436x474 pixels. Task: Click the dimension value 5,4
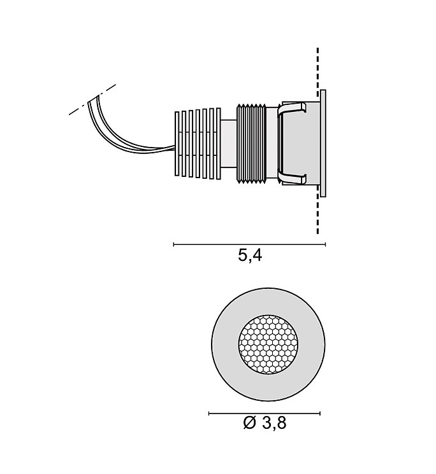point(250,256)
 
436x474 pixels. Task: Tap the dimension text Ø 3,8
point(265,422)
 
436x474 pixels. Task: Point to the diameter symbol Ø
point(249,422)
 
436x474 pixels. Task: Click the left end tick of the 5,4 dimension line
point(174,244)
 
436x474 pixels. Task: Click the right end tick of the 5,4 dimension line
point(325,244)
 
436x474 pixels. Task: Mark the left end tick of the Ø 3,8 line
point(210,414)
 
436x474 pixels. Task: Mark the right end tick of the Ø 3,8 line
point(320,414)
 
